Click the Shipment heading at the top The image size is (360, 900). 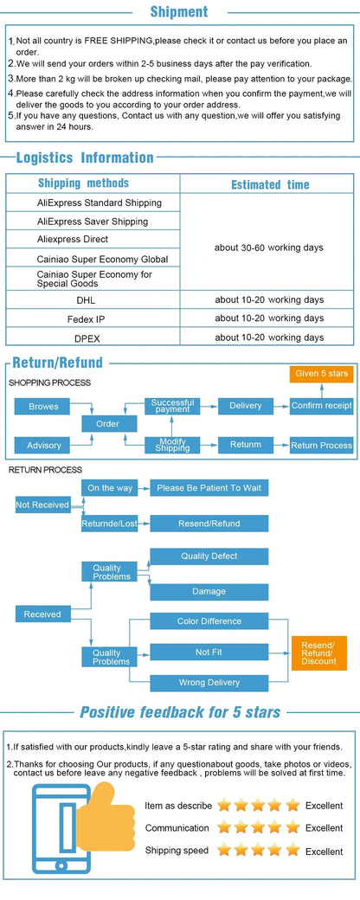pyautogui.click(x=179, y=11)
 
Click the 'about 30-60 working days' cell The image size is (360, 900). pyautogui.click(x=269, y=248)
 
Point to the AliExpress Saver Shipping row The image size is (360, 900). pyautogui.click(x=93, y=222)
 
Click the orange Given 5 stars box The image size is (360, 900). pyautogui.click(x=322, y=374)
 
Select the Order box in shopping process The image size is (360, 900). pyautogui.click(x=108, y=423)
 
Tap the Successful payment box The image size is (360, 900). pyautogui.click(x=172, y=406)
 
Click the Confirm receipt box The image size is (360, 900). pyautogui.click(x=322, y=406)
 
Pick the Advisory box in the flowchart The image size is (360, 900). pyautogui.click(x=44, y=446)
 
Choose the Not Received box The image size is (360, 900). pyautogui.click(x=42, y=505)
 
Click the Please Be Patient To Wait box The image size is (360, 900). pyautogui.click(x=209, y=488)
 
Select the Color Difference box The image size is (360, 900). pyautogui.click(x=209, y=621)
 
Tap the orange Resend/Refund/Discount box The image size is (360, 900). pyautogui.click(x=319, y=653)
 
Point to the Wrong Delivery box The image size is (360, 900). pyautogui.click(x=209, y=683)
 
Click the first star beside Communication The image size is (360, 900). pyautogui.click(x=224, y=827)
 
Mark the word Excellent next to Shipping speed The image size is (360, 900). pyautogui.click(x=324, y=852)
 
